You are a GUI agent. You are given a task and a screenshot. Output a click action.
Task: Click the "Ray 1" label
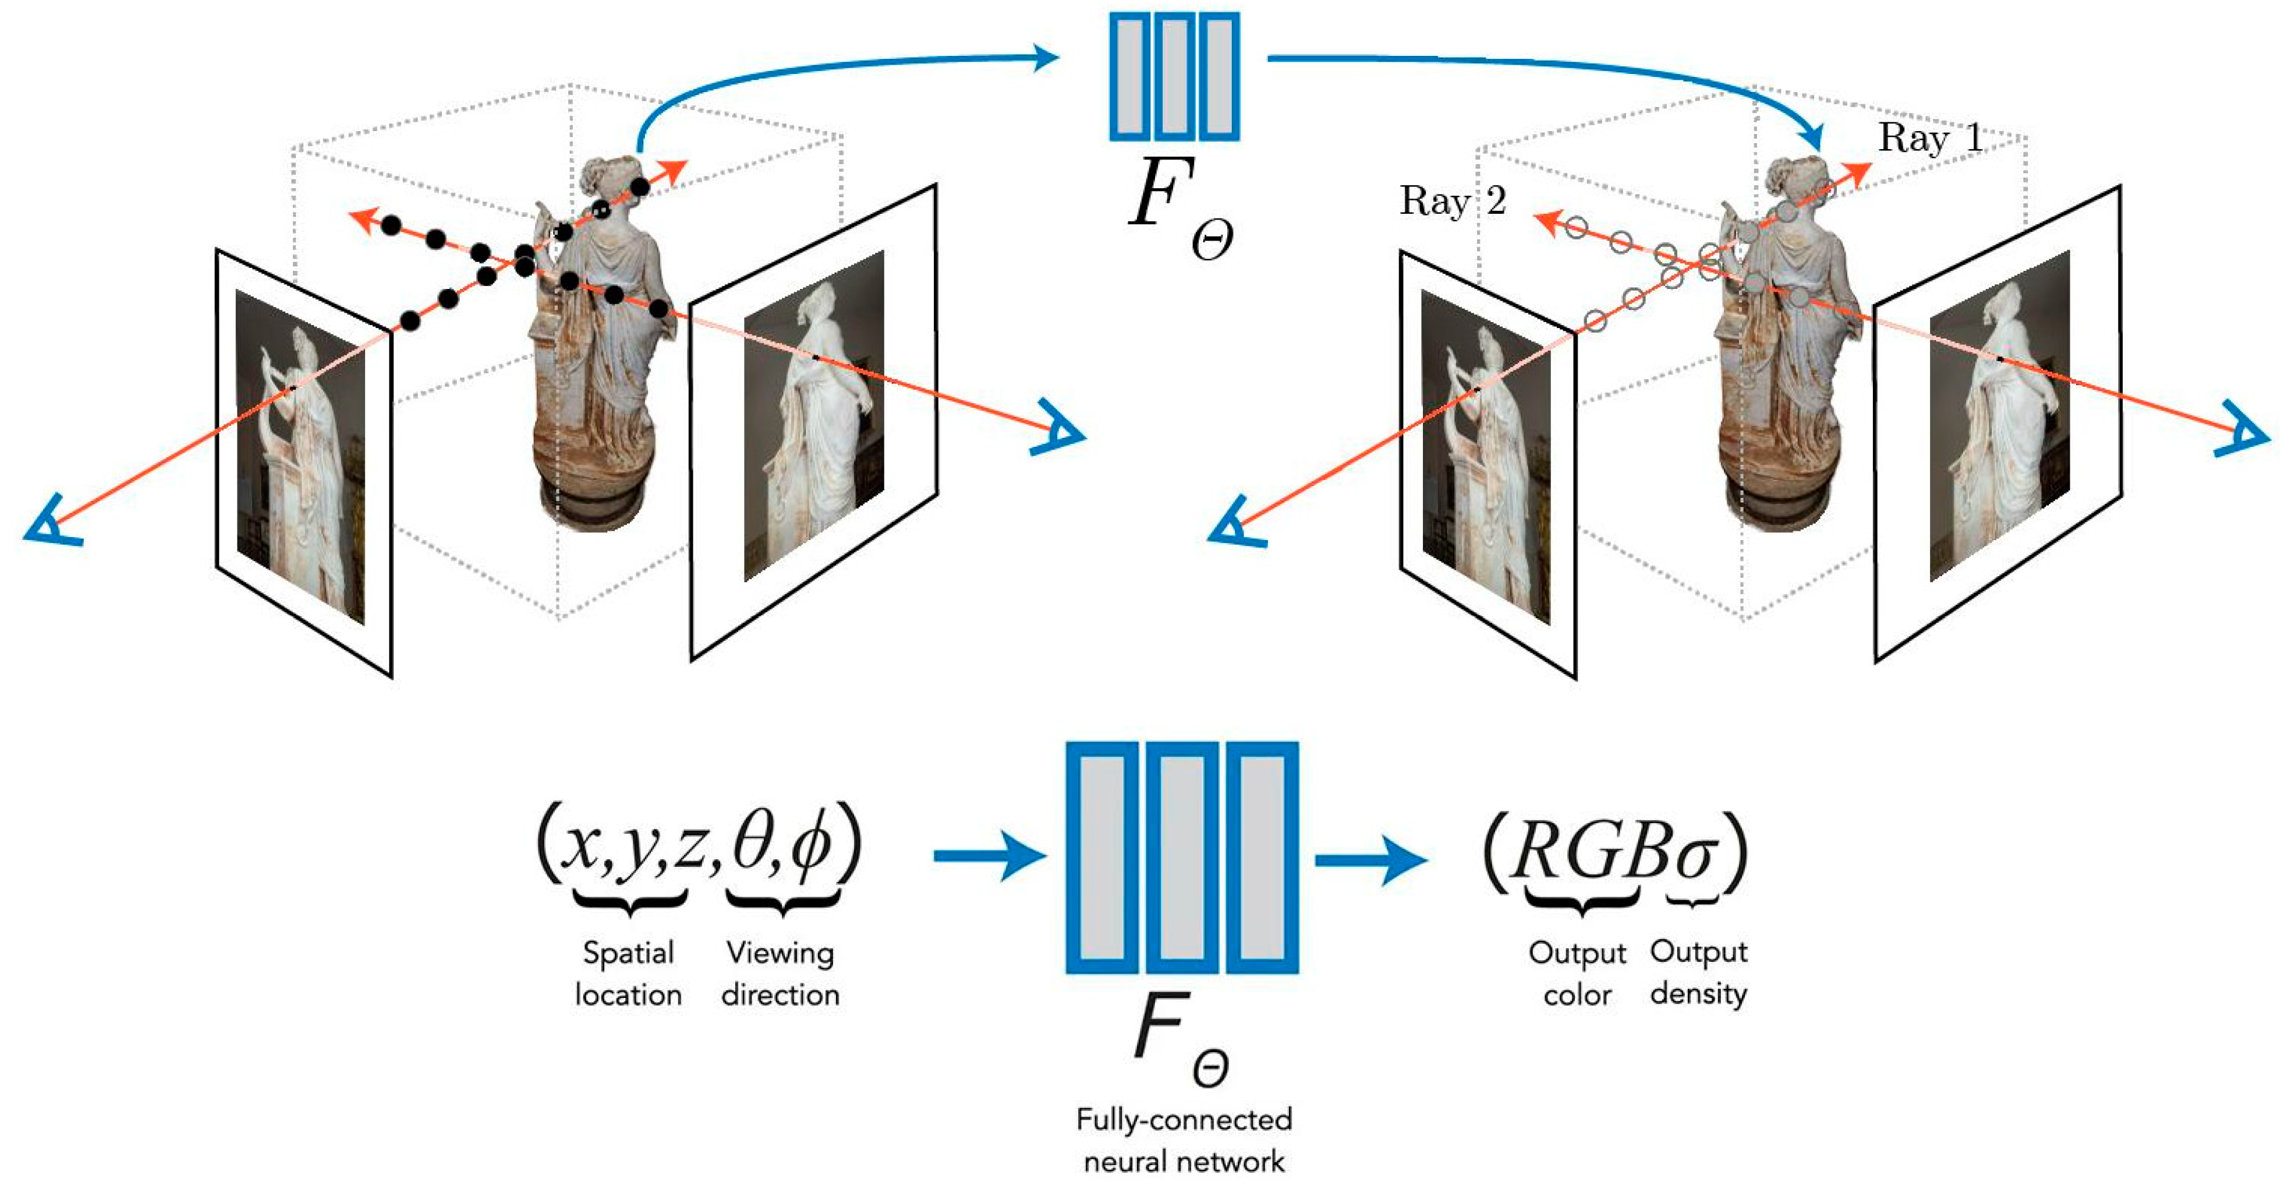pyautogui.click(x=1930, y=138)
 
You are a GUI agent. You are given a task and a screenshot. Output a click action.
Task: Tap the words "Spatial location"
pyautogui.click(x=628, y=973)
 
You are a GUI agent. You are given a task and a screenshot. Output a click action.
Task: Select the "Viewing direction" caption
pyautogui.click(x=780, y=973)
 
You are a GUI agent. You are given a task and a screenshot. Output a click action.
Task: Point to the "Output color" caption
pyautogui.click(x=1577, y=973)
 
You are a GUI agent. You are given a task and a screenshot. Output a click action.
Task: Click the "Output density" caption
pyautogui.click(x=1698, y=972)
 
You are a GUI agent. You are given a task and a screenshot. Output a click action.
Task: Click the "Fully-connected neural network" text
pyautogui.click(x=1183, y=1140)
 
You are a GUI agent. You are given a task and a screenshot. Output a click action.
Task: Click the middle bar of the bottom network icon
pyautogui.click(x=1181, y=858)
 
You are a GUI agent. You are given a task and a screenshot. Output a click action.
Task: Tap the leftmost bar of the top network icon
pyautogui.click(x=1129, y=77)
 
